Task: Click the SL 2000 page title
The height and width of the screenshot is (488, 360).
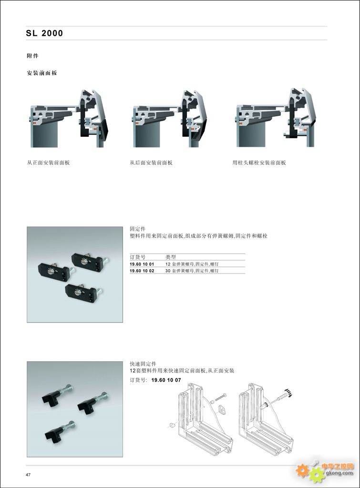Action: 44,33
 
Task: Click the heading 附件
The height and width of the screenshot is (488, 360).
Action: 33,56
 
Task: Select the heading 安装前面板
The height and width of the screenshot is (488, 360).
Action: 42,73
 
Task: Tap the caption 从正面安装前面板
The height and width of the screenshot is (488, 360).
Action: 48,163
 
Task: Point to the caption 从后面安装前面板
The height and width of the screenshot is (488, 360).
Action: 151,163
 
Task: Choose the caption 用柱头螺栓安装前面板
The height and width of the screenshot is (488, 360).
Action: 259,163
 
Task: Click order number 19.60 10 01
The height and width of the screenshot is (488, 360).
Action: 142,264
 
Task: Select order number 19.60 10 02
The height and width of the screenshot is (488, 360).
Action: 142,271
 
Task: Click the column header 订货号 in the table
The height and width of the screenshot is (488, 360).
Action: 137,257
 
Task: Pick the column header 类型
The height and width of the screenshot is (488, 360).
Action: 171,257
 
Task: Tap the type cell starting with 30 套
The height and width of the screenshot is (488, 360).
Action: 192,271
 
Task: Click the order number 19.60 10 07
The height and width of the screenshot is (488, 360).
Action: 166,380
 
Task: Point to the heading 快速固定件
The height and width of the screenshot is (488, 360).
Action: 143,364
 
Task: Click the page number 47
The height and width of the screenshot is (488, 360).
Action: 28,475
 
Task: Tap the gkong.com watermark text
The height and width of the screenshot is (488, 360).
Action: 339,473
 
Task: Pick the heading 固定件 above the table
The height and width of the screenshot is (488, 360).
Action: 137,229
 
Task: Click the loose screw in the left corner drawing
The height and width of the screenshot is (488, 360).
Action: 220,398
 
